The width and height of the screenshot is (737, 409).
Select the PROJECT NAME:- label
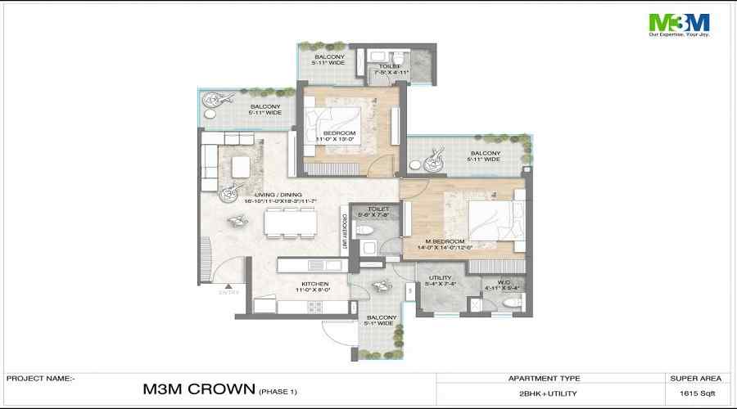(40, 379)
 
